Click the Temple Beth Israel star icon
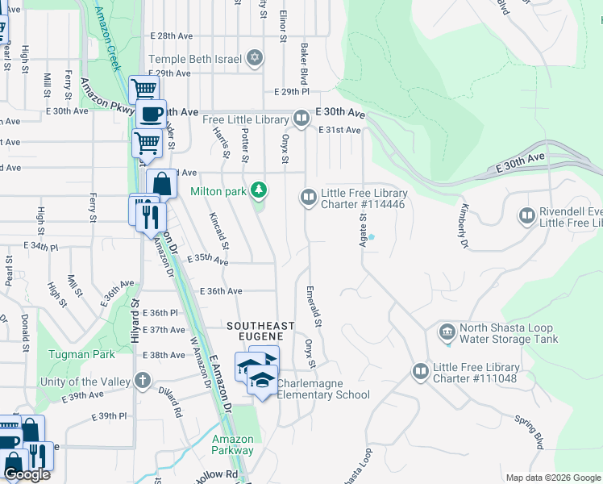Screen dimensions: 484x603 click(x=256, y=58)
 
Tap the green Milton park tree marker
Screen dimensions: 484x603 click(x=259, y=191)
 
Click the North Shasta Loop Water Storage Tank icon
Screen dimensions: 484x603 click(x=447, y=332)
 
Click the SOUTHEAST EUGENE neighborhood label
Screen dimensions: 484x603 click(x=260, y=330)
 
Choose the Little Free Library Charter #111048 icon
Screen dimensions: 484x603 click(x=420, y=372)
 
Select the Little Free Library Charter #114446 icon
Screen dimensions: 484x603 click(x=308, y=197)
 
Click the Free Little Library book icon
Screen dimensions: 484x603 click(x=301, y=119)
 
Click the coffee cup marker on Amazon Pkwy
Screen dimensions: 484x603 click(x=150, y=114)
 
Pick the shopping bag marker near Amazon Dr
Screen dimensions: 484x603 click(x=161, y=183)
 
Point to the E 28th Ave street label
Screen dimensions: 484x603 click(x=172, y=36)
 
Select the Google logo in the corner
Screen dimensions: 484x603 click(x=27, y=474)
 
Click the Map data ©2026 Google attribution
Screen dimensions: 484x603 click(x=552, y=478)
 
